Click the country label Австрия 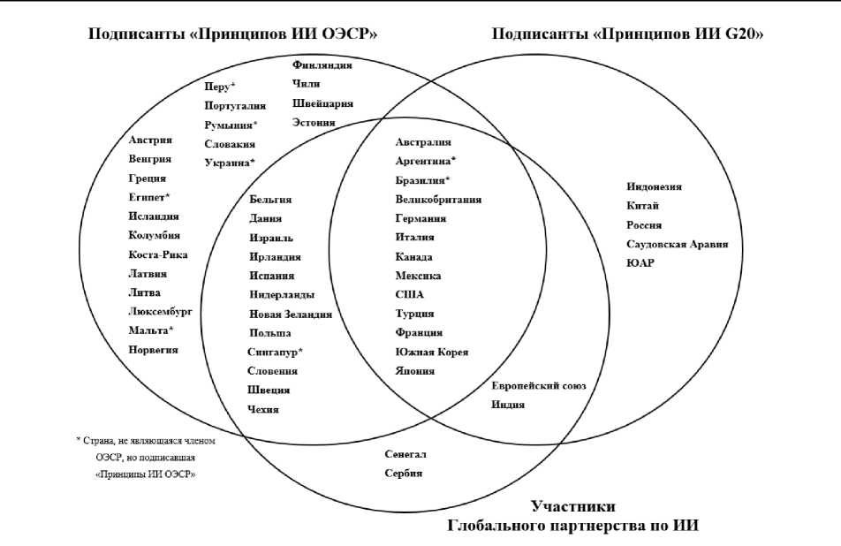click(x=149, y=140)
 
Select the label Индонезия click(x=654, y=186)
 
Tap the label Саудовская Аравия click(x=677, y=244)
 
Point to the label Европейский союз click(x=539, y=386)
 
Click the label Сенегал click(x=405, y=454)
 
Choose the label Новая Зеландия click(x=291, y=315)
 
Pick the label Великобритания click(x=438, y=200)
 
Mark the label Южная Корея click(x=432, y=353)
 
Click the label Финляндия click(x=322, y=65)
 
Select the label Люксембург click(x=160, y=312)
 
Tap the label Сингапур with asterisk click(x=275, y=353)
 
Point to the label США click(x=410, y=295)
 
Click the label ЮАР click(x=640, y=263)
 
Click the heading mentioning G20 click(x=627, y=34)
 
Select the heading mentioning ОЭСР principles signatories click(x=232, y=34)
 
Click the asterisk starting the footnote click(x=79, y=439)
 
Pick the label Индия click(x=508, y=406)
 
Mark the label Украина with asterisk click(x=229, y=163)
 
